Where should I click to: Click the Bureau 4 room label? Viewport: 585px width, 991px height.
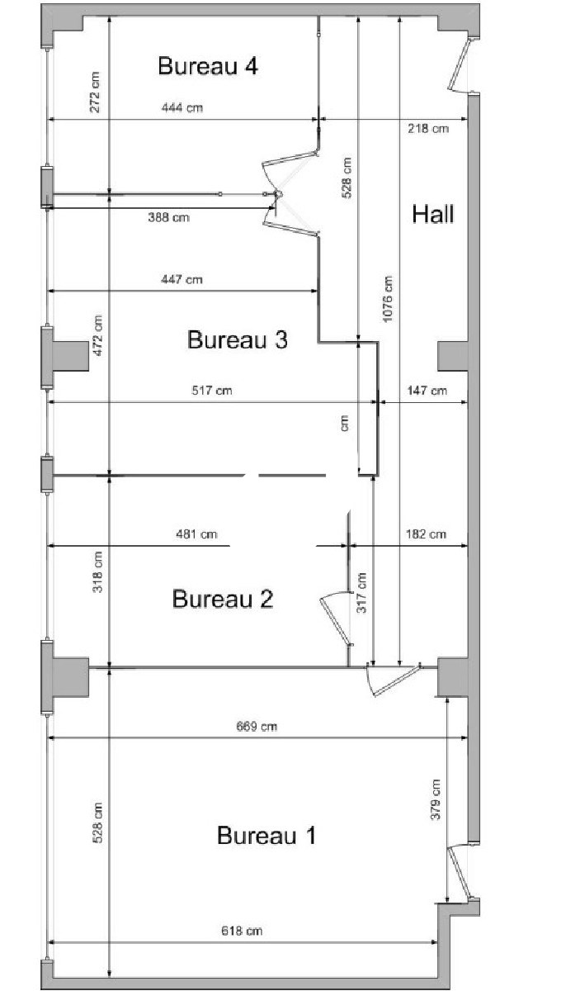[208, 66]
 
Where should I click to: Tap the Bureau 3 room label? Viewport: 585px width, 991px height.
[238, 339]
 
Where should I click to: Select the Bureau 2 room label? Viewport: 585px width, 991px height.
[223, 599]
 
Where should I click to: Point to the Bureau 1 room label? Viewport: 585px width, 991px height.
[267, 836]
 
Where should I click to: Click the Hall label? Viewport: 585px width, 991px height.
[433, 214]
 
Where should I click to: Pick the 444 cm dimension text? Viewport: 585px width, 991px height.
[182, 107]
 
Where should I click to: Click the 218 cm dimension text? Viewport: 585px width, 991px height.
[428, 129]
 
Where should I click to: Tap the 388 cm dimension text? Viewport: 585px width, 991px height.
[169, 217]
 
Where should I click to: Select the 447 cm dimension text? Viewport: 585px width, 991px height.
[182, 279]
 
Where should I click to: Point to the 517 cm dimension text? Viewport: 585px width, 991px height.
[212, 390]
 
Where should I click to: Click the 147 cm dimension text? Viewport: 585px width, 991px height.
[427, 390]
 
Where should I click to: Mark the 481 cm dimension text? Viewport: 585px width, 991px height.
[196, 534]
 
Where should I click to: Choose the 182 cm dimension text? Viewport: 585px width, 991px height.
[426, 534]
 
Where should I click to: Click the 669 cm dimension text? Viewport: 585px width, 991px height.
[257, 727]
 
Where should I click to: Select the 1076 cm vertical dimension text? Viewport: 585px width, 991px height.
[387, 299]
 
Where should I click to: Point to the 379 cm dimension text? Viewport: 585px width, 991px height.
[436, 799]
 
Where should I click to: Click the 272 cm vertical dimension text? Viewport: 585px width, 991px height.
[95, 92]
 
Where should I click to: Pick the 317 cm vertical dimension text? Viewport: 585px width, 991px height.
[361, 592]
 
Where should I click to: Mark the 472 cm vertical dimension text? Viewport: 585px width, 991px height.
[97, 335]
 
